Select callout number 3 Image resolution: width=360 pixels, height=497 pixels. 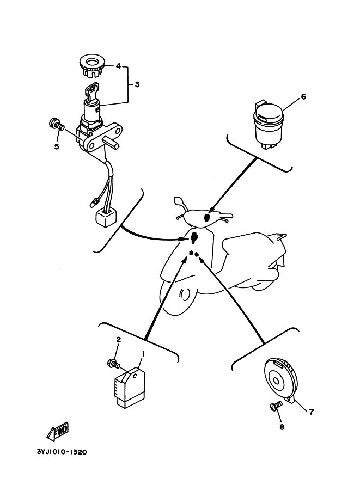pyautogui.click(x=137, y=84)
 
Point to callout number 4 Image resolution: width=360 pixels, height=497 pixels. pyautogui.click(x=118, y=66)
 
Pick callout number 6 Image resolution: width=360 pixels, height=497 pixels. pyautogui.click(x=303, y=97)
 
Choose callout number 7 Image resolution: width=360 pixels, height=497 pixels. pyautogui.click(x=311, y=412)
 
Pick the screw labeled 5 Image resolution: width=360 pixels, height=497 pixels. pyautogui.click(x=55, y=124)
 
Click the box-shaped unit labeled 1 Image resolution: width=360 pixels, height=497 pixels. pyautogui.click(x=130, y=387)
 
